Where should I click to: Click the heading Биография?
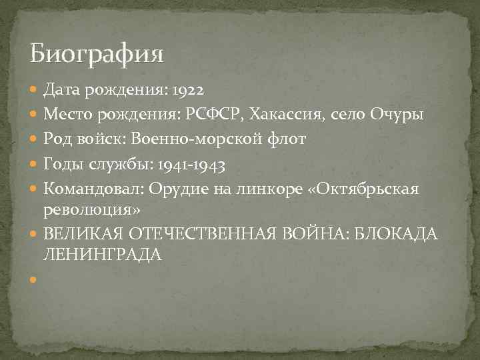point(97,53)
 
